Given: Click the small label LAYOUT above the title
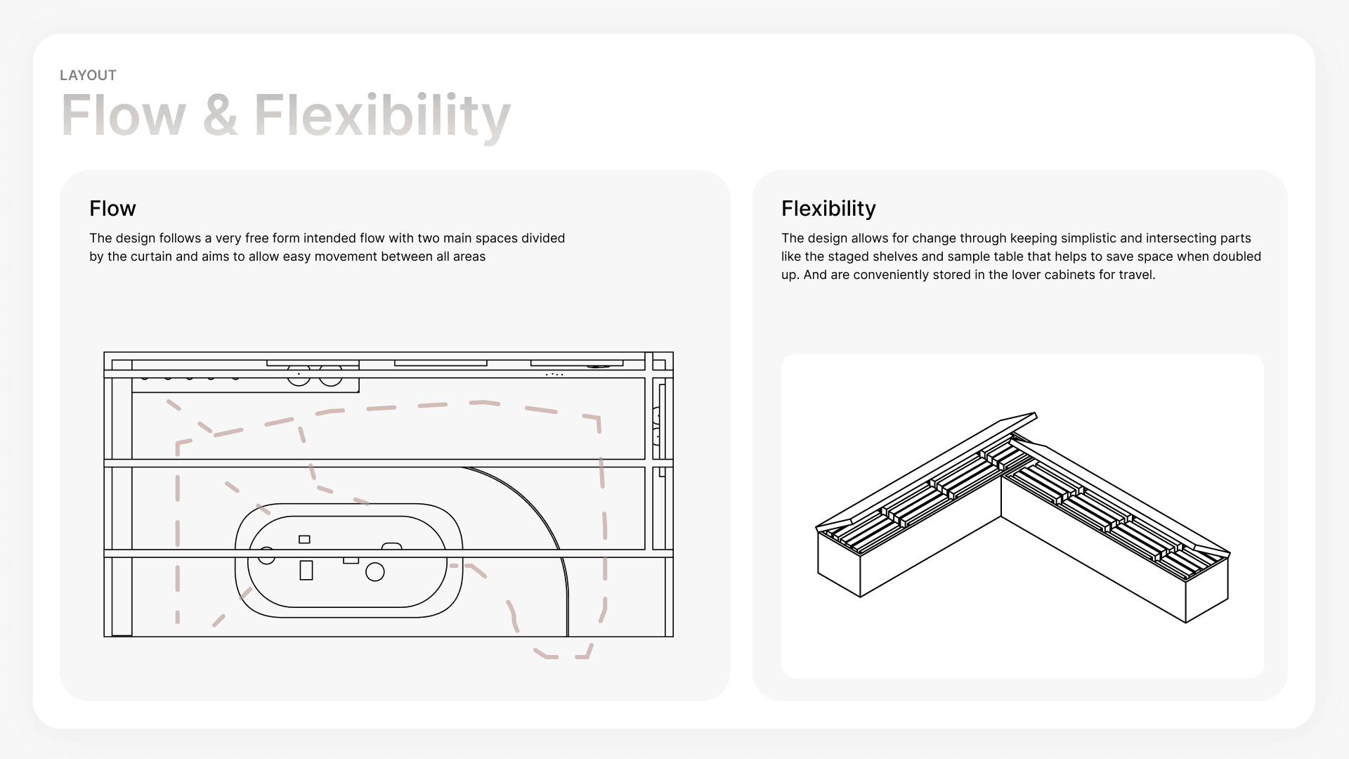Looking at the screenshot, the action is [x=88, y=75].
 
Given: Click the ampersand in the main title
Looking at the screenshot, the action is [x=220, y=115].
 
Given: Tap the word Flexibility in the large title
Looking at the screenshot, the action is [x=382, y=117].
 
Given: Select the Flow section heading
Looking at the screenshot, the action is [x=112, y=209].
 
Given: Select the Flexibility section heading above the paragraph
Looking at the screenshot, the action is [x=828, y=209].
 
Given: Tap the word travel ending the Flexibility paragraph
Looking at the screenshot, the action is [x=1135, y=275].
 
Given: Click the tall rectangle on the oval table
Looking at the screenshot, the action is [x=306, y=570].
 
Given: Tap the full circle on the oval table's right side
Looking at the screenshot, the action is [x=375, y=572].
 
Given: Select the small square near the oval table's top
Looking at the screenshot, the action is [x=304, y=540].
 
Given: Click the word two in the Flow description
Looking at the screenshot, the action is [x=428, y=238].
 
